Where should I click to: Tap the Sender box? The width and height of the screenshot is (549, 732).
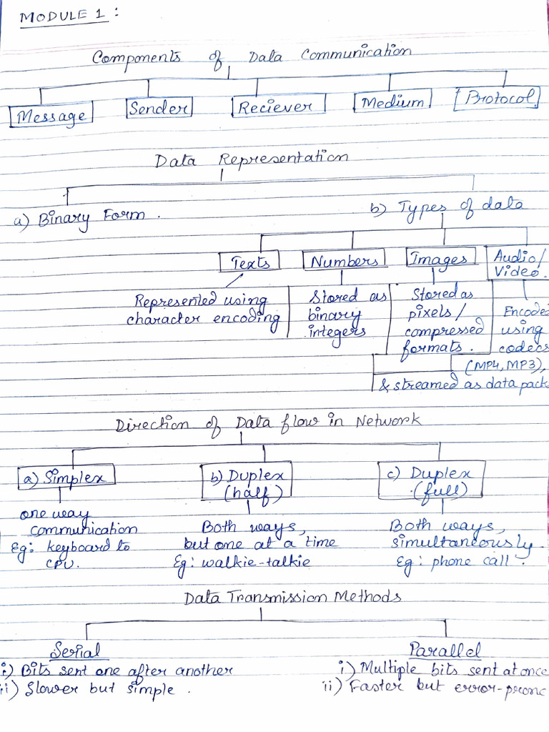[x=159, y=109]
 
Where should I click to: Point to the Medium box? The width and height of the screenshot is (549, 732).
[x=392, y=103]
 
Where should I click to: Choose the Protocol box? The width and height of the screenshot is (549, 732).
[x=496, y=99]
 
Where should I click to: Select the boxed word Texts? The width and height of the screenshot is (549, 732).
[x=249, y=262]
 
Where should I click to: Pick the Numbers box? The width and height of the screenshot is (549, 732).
[x=344, y=260]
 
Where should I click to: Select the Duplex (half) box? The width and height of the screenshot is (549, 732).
[x=247, y=483]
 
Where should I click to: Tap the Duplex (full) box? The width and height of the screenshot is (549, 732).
[x=431, y=480]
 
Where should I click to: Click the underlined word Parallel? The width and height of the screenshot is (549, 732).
[x=445, y=649]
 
